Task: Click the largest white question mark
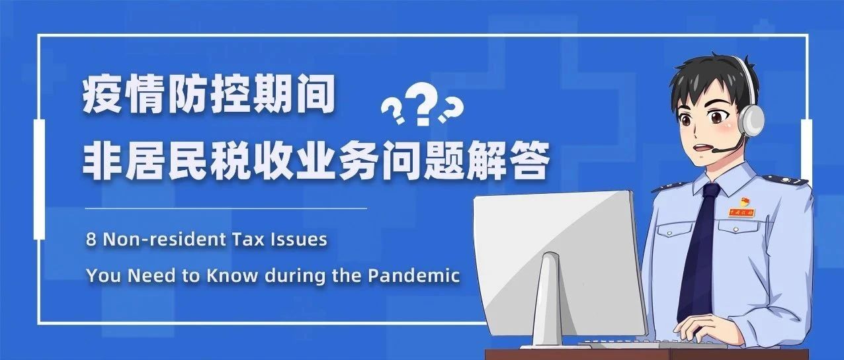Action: click(x=423, y=103)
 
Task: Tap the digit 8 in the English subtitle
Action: click(x=91, y=240)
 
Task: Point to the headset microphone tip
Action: click(x=715, y=150)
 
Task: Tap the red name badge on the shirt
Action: click(x=741, y=212)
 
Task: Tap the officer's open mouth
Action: click(x=701, y=148)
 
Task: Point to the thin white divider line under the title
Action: click(x=226, y=208)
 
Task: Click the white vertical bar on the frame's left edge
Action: click(x=39, y=179)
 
